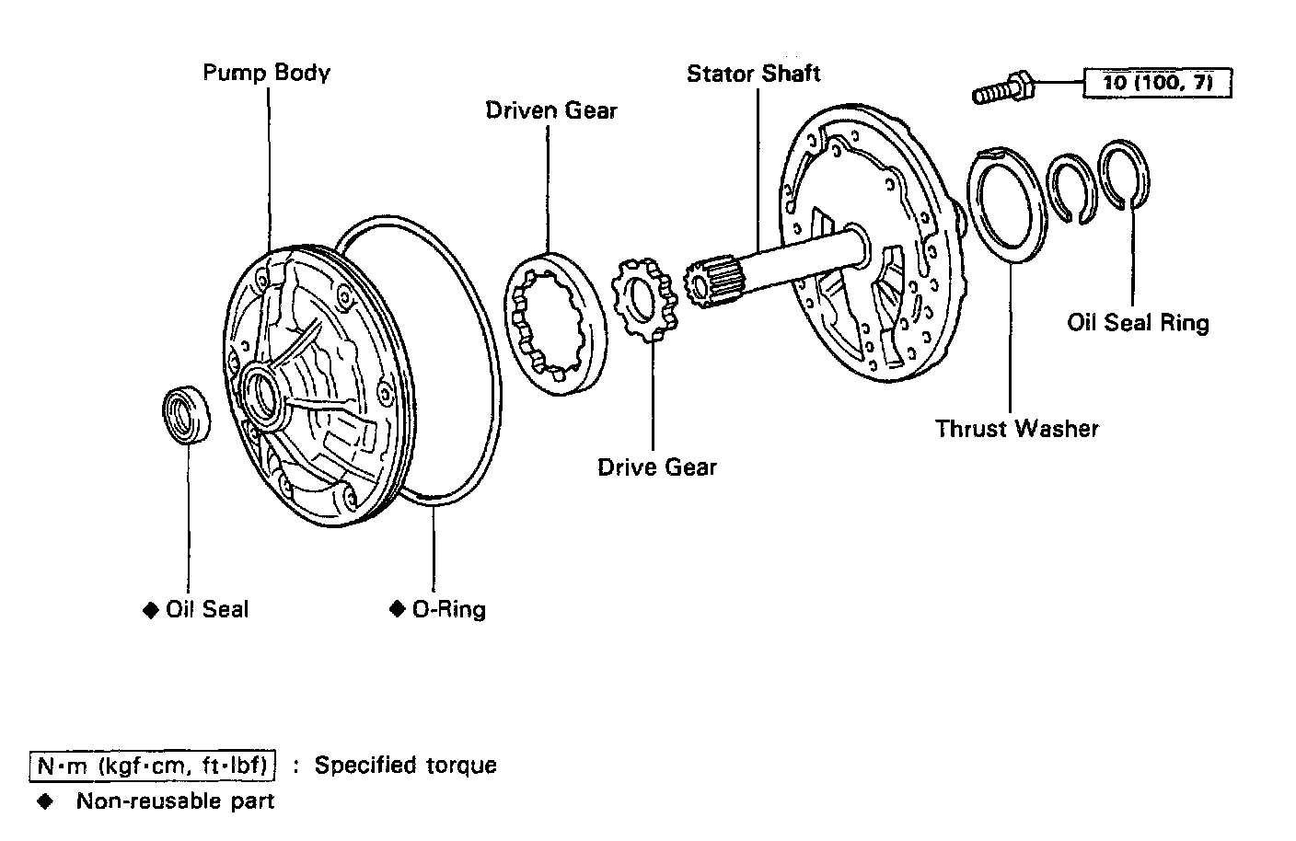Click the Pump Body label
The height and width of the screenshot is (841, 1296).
266,73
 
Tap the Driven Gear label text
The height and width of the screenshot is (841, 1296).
551,110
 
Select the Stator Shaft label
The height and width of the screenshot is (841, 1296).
753,74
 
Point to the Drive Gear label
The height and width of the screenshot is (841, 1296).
656,467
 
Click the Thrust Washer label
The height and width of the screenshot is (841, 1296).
1016,429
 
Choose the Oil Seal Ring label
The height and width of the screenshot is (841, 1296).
1138,323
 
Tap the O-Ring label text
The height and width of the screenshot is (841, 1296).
448,609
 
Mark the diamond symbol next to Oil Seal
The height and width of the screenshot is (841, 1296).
151,610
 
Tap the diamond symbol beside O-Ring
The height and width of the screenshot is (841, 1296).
398,609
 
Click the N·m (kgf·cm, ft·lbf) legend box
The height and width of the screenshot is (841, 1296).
153,766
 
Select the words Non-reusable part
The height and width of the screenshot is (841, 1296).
175,801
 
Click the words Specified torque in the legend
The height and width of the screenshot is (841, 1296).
405,766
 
